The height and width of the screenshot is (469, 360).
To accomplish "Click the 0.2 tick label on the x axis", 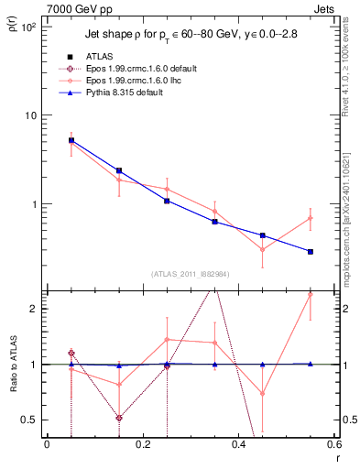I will pos(142,446).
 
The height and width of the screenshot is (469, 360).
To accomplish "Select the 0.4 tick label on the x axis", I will pos(238,446).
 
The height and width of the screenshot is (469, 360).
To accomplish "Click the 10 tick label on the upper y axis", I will pos(29,115).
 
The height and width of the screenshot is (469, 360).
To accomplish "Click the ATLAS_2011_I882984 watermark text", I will pos(191,274).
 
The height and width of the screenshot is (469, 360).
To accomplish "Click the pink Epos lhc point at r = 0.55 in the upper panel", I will pos(311,218).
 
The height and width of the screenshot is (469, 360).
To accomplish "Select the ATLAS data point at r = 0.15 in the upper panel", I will pos(119,170).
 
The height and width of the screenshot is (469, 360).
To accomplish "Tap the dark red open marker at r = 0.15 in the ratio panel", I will pos(119,418).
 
